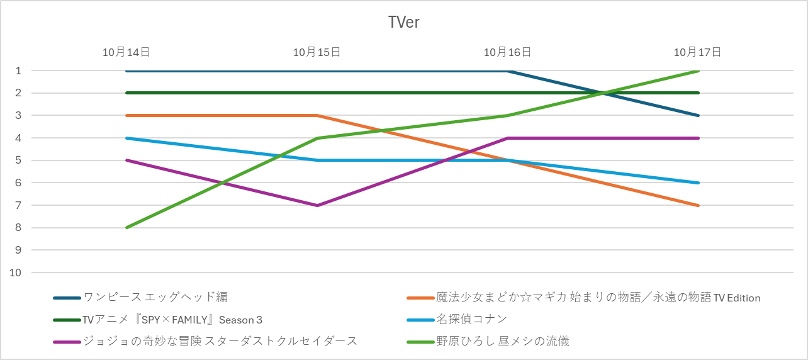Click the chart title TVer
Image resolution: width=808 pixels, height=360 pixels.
click(x=403, y=23)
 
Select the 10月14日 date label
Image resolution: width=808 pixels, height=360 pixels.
click(x=126, y=52)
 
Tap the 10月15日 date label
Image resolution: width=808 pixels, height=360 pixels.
click(x=317, y=52)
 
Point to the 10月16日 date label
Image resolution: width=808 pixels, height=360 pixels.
click(x=507, y=52)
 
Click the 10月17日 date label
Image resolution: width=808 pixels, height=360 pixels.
click(x=697, y=52)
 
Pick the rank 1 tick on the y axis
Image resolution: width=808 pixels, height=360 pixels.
click(x=19, y=70)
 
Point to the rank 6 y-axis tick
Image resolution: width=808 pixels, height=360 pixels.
click(x=19, y=183)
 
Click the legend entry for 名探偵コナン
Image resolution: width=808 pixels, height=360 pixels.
click(x=471, y=319)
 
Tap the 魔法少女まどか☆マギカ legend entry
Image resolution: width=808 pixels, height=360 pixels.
click(x=598, y=297)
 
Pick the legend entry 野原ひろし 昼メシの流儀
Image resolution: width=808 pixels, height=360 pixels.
click(x=502, y=341)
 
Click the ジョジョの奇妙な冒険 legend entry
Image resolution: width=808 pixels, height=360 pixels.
click(x=220, y=341)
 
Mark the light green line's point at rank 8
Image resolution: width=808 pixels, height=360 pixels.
click(x=126, y=227)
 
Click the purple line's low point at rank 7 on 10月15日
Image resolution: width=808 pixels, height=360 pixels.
click(x=317, y=205)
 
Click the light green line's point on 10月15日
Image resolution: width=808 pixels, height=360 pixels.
click(x=317, y=138)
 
